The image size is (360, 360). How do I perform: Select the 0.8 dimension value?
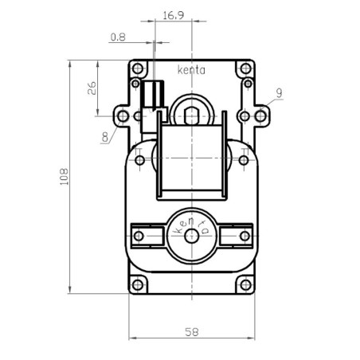point(118,37)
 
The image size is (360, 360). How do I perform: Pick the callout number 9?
point(279,93)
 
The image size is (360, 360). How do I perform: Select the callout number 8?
point(105,137)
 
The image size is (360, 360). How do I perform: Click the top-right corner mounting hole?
point(246,83)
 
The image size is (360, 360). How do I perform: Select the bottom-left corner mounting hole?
point(138,284)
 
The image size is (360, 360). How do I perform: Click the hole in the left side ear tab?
point(123,116)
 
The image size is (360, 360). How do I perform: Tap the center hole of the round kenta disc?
point(191,236)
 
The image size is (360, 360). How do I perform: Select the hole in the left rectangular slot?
point(142,237)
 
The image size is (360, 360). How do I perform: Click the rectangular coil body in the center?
point(192,159)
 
